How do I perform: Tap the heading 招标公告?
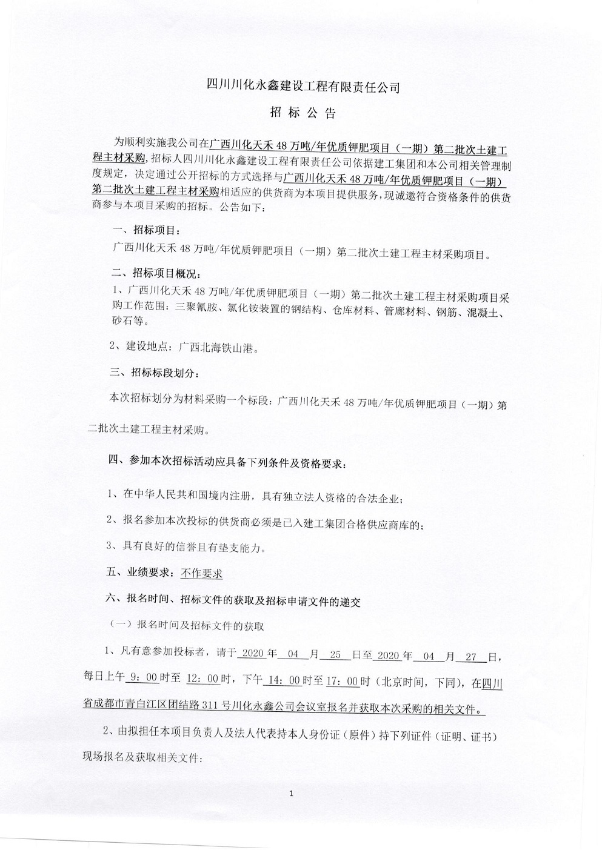pyautogui.click(x=301, y=113)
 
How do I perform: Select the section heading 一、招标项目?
pyautogui.click(x=147, y=231)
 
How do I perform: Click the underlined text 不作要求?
pyautogui.click(x=201, y=573)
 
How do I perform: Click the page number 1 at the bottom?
pyautogui.click(x=292, y=793)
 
